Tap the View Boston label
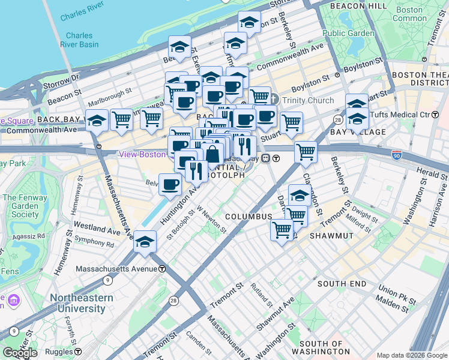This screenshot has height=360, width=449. pos(142,154)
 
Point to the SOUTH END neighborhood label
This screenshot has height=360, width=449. pos(342,283)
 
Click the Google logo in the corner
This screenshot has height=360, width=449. pos(20,353)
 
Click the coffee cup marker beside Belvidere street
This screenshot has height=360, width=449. pos(170,184)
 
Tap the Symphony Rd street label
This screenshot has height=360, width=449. pos(94,244)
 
